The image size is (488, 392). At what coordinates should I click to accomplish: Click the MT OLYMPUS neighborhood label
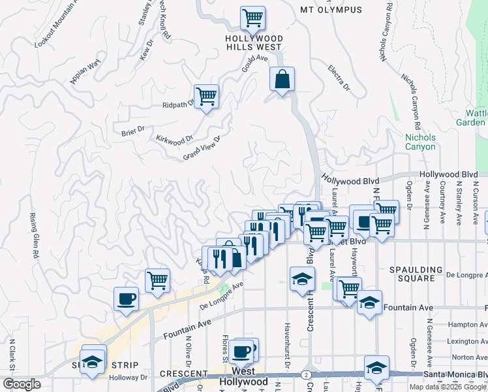(x=331, y=10)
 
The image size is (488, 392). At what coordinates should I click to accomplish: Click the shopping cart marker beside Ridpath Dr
(x=206, y=97)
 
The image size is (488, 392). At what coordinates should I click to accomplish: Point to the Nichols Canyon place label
(x=420, y=142)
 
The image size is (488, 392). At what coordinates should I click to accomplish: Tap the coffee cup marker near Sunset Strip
(x=126, y=299)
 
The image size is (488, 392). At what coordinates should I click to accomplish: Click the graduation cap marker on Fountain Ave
(x=369, y=302)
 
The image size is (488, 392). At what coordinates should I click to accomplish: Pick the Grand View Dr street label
(x=202, y=148)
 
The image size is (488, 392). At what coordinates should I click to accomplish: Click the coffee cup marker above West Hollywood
(x=241, y=351)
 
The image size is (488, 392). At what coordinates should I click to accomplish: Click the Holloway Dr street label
(x=128, y=377)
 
